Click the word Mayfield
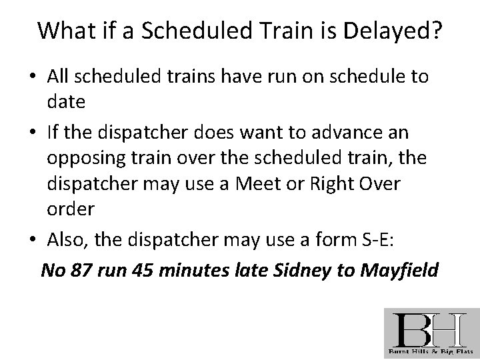397,270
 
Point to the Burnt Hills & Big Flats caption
431,351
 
